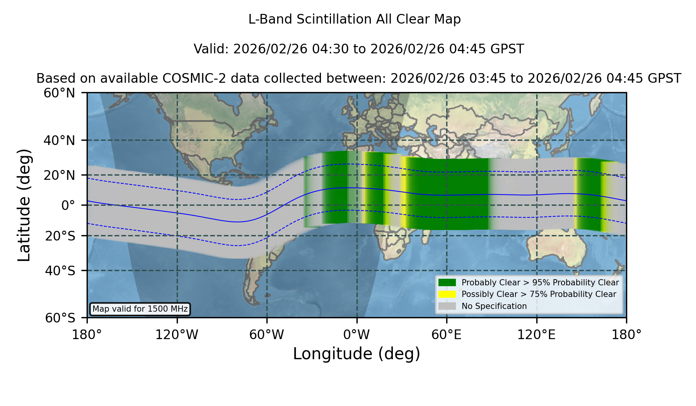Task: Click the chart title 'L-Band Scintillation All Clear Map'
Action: (x=354, y=19)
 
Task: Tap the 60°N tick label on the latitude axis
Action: (x=59, y=93)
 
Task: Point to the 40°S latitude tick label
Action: (x=60, y=271)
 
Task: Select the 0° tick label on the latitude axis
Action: (x=68, y=205)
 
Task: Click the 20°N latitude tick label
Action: (x=59, y=175)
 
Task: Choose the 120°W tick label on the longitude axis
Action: (x=177, y=334)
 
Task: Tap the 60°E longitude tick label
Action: (x=447, y=334)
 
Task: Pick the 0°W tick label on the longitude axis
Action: (x=357, y=334)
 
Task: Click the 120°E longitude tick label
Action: (x=536, y=334)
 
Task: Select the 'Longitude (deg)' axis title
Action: (x=357, y=354)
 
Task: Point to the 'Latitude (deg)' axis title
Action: (x=24, y=205)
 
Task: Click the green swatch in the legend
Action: (x=447, y=282)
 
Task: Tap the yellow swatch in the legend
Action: (x=447, y=294)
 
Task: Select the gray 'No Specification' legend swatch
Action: (x=447, y=306)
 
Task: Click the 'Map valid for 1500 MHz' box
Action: (x=140, y=309)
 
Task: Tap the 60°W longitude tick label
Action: (x=267, y=334)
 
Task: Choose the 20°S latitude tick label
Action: (x=60, y=236)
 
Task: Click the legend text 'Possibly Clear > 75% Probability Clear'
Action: (x=539, y=294)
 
